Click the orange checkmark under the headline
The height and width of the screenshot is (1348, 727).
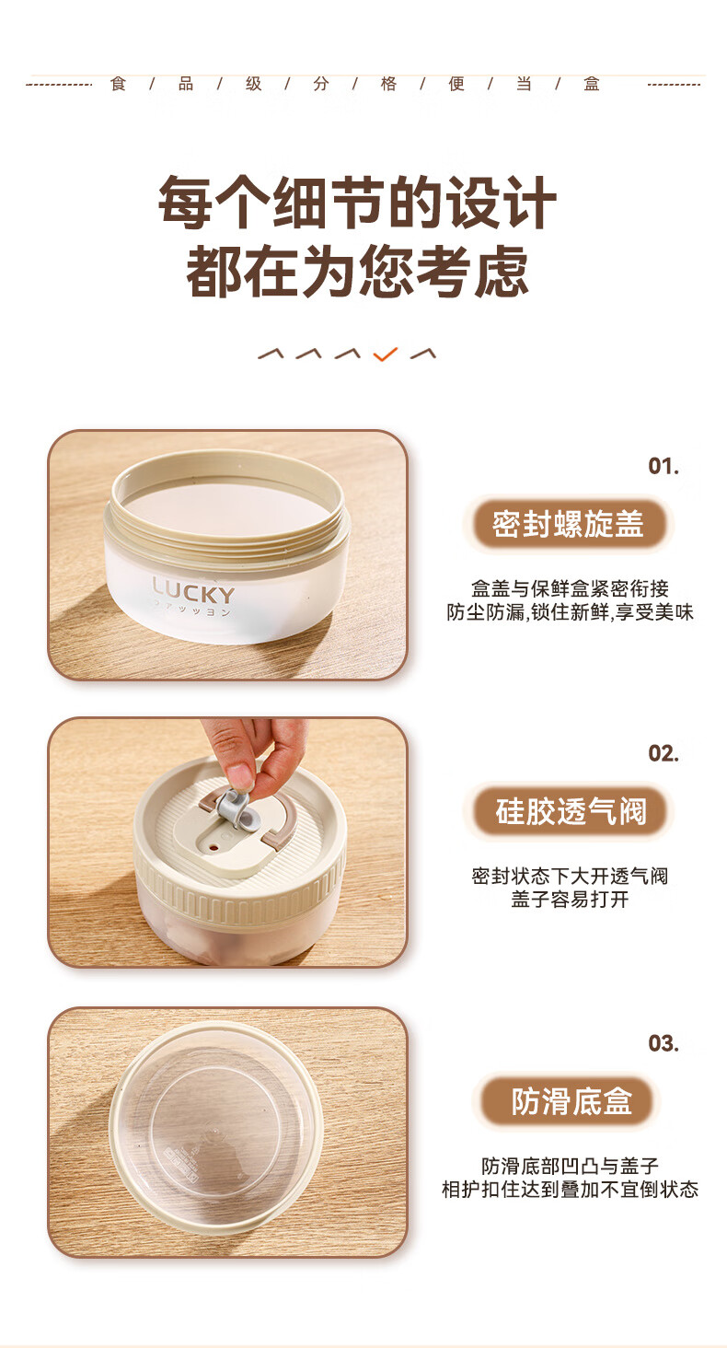pyautogui.click(x=385, y=354)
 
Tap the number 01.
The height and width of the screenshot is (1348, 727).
pyautogui.click(x=664, y=467)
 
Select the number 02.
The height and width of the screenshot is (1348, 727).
pyautogui.click(x=664, y=753)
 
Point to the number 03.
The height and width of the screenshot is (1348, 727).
pyautogui.click(x=664, y=1043)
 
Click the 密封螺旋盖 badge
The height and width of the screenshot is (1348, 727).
pyautogui.click(x=568, y=523)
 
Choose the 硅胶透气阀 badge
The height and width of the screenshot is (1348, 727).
pyautogui.click(x=570, y=810)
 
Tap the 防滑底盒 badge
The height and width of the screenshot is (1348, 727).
pyautogui.click(x=570, y=1100)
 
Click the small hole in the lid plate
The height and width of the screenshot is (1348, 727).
pyautogui.click(x=213, y=846)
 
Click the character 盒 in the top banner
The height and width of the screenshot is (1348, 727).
pyautogui.click(x=592, y=84)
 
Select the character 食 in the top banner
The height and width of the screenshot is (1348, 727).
pyautogui.click(x=119, y=84)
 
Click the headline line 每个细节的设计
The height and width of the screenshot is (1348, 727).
pyautogui.click(x=357, y=203)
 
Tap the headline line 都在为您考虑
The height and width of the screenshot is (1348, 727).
pyautogui.click(x=357, y=272)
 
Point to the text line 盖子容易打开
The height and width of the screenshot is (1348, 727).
pyautogui.click(x=570, y=899)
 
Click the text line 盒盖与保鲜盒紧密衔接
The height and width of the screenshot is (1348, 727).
pyautogui.click(x=570, y=587)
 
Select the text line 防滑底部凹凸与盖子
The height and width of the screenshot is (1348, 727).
pyautogui.click(x=570, y=1166)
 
